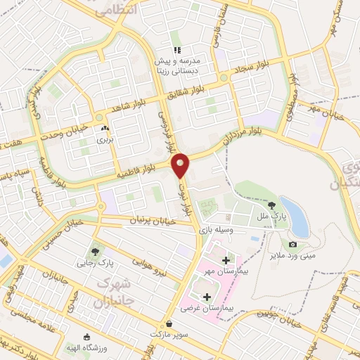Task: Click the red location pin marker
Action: point(181,166)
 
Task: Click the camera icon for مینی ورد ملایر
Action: point(292,245)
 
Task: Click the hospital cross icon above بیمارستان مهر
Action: point(225,260)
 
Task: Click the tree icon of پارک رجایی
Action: point(94,252)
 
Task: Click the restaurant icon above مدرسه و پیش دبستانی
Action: point(178,51)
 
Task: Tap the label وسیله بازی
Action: point(214,230)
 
